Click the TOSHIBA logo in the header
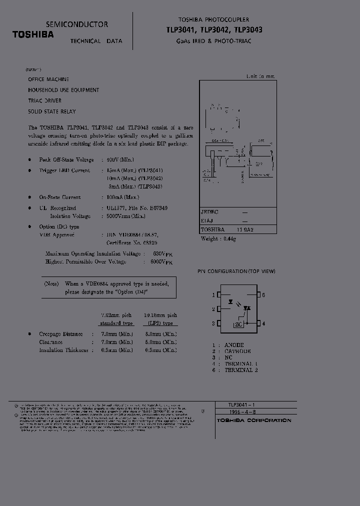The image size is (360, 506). [33, 34]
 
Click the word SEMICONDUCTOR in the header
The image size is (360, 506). [76, 24]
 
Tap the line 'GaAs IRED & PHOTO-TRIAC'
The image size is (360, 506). [213, 40]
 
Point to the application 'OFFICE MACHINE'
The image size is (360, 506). [48, 79]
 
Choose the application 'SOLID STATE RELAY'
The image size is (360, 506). [52, 111]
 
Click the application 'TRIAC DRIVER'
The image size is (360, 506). [45, 100]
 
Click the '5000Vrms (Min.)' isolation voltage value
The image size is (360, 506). [126, 216]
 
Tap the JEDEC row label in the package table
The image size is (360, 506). [209, 212]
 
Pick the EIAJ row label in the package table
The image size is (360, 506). [207, 221]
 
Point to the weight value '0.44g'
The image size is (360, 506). [229, 239]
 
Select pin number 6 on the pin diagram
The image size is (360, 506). [263, 295]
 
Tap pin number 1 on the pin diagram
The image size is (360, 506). [213, 295]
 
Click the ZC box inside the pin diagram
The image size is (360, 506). [239, 324]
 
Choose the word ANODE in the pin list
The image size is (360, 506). [234, 345]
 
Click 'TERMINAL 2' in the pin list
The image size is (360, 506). [241, 370]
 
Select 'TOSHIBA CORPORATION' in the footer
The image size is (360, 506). [253, 420]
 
